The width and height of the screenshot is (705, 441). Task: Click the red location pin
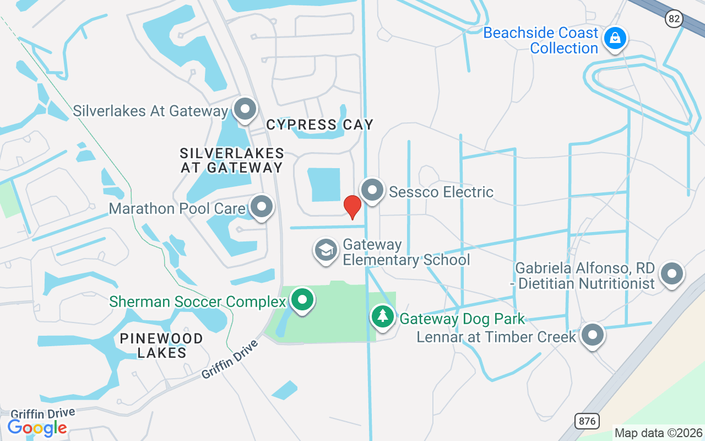coord(352,206)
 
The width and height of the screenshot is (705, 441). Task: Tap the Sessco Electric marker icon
coord(372,191)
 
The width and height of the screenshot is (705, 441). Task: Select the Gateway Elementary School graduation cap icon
coord(326,251)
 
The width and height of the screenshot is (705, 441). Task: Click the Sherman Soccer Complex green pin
coord(302,300)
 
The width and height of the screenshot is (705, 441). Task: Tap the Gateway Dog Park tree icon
coord(382,317)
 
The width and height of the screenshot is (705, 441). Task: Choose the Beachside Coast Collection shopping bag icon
coord(613,39)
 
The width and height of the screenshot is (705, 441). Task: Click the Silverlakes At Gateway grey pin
coord(245,110)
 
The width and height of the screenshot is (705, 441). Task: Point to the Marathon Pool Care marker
coord(262,207)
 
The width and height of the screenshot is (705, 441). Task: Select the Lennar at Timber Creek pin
coord(593,335)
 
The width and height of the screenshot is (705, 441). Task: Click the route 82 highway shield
coord(674,19)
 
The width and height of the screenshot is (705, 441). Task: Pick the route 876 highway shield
coord(587,421)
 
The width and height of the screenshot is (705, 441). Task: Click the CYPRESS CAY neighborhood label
coord(319,125)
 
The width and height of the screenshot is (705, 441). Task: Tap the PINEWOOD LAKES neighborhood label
coord(161,345)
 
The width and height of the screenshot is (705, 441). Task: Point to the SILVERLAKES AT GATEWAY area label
coord(232,160)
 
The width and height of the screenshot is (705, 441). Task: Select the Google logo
coord(37,427)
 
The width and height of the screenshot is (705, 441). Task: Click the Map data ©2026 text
coord(659,433)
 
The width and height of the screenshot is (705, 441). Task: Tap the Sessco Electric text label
coord(441,192)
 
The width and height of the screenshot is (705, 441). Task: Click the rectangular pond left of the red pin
coord(324,185)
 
